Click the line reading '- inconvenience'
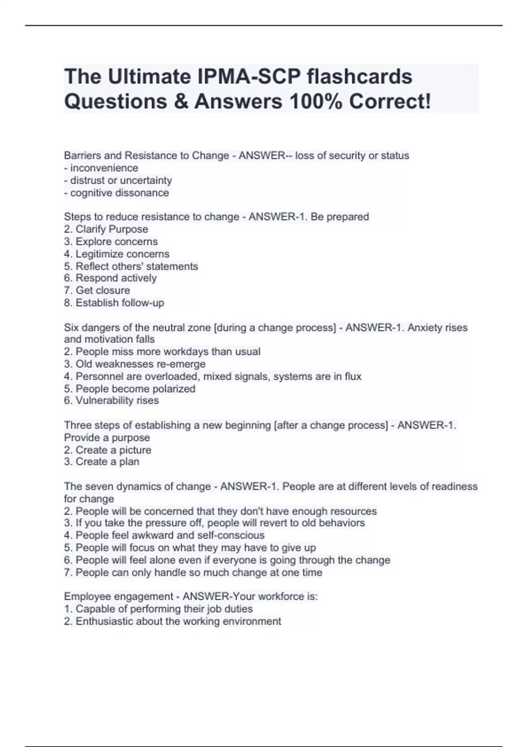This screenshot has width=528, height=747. (x=101, y=168)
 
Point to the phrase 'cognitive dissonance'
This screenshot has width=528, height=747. (x=119, y=193)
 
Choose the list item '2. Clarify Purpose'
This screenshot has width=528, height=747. (x=106, y=229)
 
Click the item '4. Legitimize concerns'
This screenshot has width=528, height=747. (x=117, y=254)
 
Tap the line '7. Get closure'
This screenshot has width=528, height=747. (x=97, y=290)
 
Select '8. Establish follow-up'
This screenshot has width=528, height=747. (x=114, y=303)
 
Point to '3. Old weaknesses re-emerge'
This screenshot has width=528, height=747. (x=135, y=364)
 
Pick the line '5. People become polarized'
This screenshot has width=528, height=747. (x=130, y=389)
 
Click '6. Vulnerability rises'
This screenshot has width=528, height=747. (x=111, y=400)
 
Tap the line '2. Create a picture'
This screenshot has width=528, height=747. (x=108, y=450)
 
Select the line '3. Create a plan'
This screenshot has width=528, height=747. (x=102, y=462)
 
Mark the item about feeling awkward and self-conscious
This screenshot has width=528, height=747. (x=164, y=535)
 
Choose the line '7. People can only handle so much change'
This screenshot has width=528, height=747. (x=193, y=573)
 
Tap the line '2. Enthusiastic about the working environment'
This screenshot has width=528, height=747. (x=172, y=621)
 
